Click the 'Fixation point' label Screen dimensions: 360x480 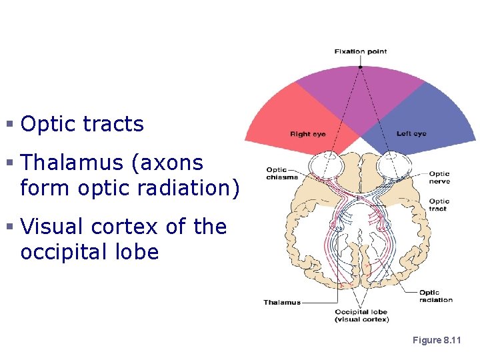[x=360, y=51]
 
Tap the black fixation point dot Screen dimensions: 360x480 [x=360, y=67]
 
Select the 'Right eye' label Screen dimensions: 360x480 [x=307, y=134]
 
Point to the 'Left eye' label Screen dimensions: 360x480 [x=411, y=134]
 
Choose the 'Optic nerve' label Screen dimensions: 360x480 [x=440, y=177]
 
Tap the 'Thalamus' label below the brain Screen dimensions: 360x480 [x=282, y=302]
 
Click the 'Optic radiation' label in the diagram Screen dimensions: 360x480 [x=436, y=296]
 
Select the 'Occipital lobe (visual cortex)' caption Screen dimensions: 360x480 [x=361, y=315]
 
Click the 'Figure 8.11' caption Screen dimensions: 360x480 [x=437, y=340]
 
